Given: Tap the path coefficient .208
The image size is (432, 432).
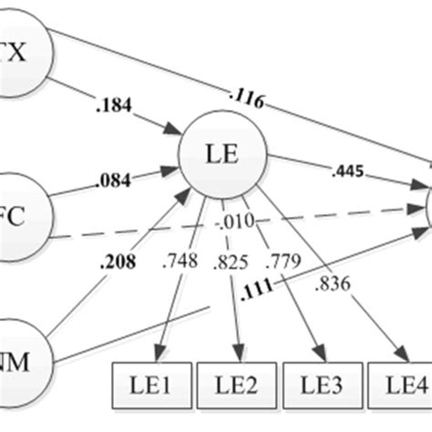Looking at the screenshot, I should tap(119, 264).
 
